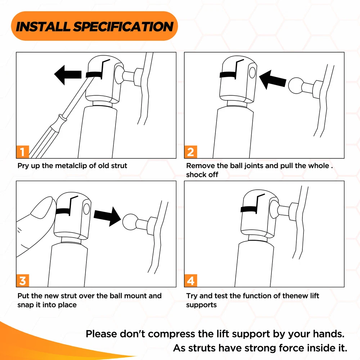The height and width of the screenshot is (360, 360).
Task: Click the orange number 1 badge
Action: pyautogui.click(x=22, y=152)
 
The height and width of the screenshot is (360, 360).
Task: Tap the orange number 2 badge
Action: pyautogui.click(x=190, y=152)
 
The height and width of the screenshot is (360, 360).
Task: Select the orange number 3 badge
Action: pyautogui.click(x=22, y=280)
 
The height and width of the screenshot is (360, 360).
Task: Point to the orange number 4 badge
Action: pyautogui.click(x=190, y=280)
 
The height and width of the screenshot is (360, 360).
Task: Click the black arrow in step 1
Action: pyautogui.click(x=68, y=75)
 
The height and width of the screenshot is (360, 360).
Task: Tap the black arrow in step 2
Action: pyautogui.click(x=273, y=80)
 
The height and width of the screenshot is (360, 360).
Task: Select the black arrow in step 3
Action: pyautogui.click(x=107, y=216)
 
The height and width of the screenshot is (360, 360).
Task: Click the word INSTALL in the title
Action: pyautogui.click(x=43, y=26)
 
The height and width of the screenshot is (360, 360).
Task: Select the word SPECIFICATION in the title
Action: pyautogui.click(x=123, y=26)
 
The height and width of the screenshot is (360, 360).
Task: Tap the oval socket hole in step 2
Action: pyautogui.click(x=252, y=73)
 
